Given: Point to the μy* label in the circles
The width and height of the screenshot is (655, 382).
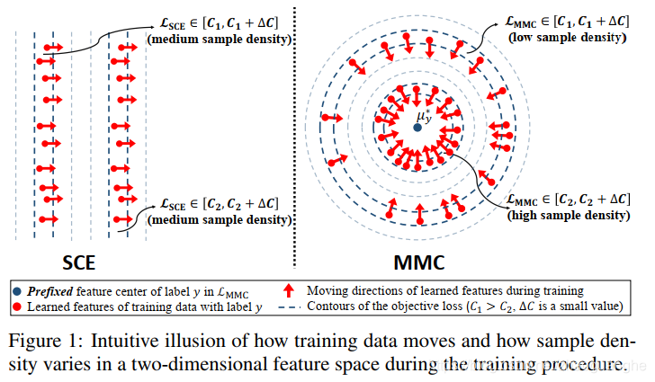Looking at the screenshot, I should click(424, 116).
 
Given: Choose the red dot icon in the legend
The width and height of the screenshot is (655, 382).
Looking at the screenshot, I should click(19, 306).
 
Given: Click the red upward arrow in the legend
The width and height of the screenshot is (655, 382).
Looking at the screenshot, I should click(289, 290).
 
